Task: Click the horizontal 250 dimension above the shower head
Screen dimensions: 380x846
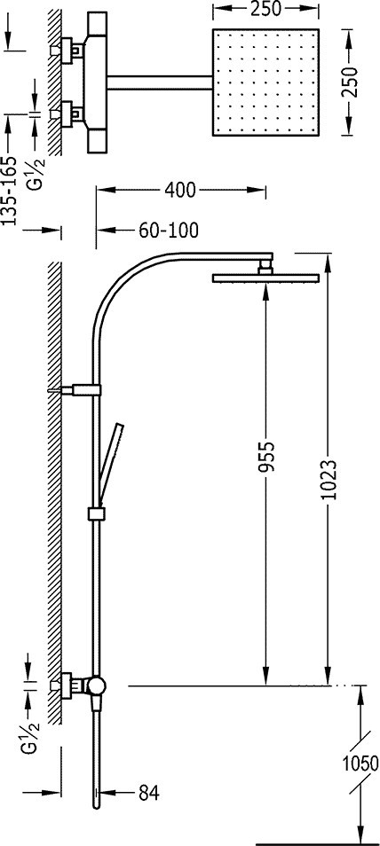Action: pyautogui.click(x=266, y=9)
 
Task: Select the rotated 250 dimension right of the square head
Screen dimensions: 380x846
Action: pyautogui.click(x=352, y=82)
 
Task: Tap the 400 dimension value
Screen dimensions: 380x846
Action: pyautogui.click(x=180, y=190)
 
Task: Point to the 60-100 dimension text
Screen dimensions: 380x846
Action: pyautogui.click(x=169, y=231)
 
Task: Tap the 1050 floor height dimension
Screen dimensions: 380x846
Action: pyautogui.click(x=360, y=764)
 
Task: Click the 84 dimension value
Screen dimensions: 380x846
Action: pyautogui.click(x=148, y=793)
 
